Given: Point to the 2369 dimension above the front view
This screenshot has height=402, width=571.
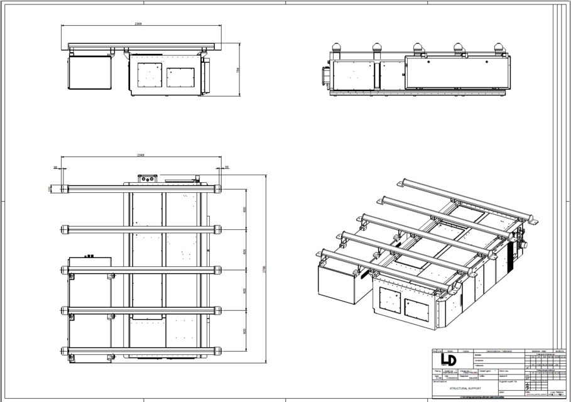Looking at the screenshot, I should click(138, 24).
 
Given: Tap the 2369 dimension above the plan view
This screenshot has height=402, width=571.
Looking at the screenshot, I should click(142, 155).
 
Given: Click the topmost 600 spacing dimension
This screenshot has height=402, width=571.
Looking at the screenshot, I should click(245, 210).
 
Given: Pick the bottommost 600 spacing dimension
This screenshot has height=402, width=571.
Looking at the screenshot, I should click(245, 330).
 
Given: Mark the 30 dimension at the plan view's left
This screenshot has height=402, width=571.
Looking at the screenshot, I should click(55, 168).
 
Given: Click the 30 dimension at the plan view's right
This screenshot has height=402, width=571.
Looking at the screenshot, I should click(227, 168).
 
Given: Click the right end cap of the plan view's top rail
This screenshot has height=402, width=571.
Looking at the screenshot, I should click(218, 188).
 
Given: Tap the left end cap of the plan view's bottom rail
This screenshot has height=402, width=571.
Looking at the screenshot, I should click(64, 350).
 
